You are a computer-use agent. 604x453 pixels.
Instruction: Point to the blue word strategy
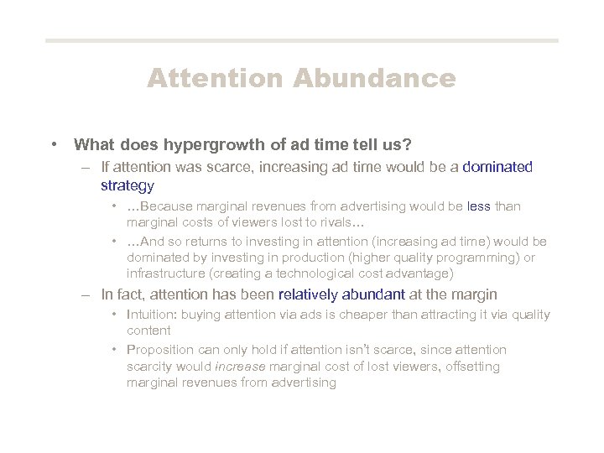pyautogui.click(x=128, y=185)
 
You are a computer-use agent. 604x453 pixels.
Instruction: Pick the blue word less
pyautogui.click(x=479, y=206)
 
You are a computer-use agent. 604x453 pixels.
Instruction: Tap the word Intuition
pyautogui.click(x=151, y=315)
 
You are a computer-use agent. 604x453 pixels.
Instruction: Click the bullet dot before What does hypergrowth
pyautogui.click(x=54, y=144)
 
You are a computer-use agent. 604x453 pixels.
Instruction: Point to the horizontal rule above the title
pyautogui.click(x=302, y=40)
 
